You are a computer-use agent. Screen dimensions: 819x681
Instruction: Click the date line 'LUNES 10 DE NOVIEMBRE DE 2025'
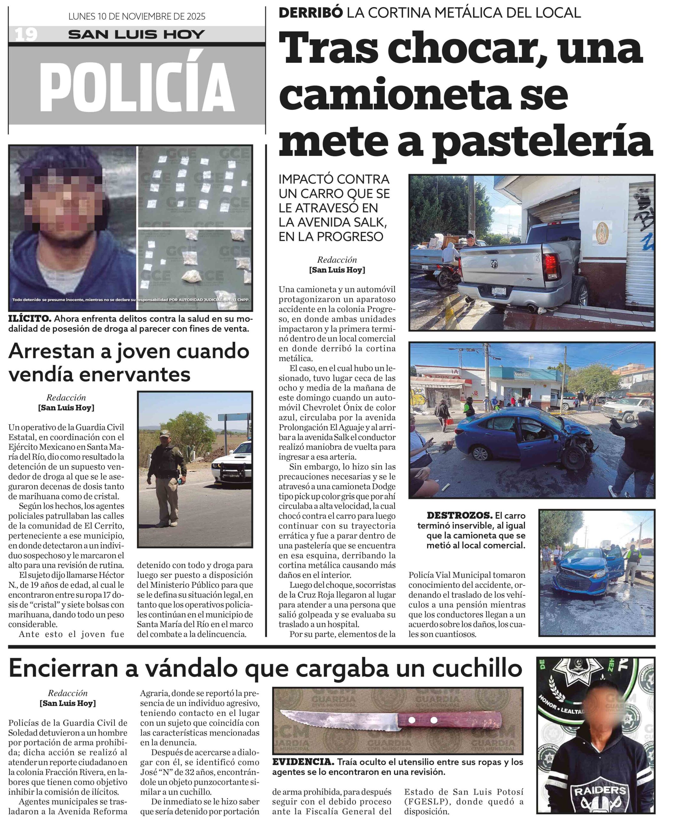click(137, 16)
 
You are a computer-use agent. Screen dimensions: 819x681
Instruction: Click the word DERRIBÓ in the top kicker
click(311, 13)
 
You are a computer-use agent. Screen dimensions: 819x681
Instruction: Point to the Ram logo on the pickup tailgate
click(494, 264)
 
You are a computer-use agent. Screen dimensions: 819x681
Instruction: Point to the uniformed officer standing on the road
click(167, 472)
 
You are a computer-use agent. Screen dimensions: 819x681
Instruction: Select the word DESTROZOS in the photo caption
click(459, 516)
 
